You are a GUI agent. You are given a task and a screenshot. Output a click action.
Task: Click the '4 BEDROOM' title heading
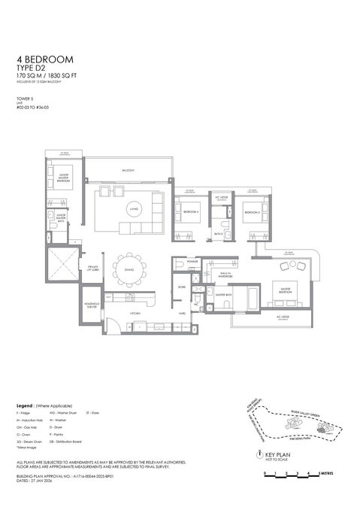pyautogui.click(x=43, y=59)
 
